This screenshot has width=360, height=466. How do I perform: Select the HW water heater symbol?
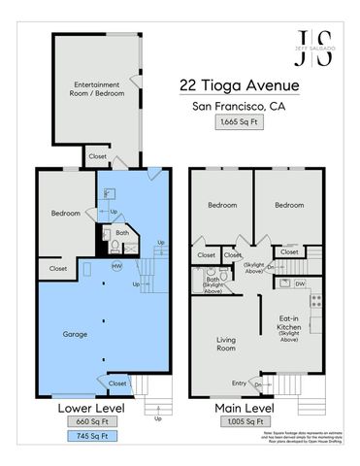[x=116, y=266]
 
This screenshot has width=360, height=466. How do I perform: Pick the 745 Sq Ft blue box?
[x=88, y=436]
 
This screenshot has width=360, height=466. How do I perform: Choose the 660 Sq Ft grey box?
[x=88, y=421]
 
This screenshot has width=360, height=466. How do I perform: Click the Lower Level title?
[x=88, y=406]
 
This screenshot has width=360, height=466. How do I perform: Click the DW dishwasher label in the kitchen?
[x=302, y=283]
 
